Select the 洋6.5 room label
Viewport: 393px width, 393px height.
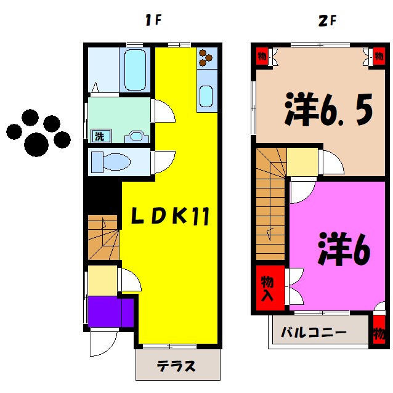(328, 111)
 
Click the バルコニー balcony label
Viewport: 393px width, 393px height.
(314, 333)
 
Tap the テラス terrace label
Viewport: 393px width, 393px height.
(176, 367)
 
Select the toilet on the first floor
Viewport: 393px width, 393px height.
(111, 163)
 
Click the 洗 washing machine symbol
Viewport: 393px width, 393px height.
(98, 136)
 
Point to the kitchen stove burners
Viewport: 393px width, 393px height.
(206, 58)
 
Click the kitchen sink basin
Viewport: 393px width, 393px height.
(206, 96)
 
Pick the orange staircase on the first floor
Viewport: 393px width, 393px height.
(102, 237)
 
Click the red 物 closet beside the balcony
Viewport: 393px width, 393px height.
(377, 332)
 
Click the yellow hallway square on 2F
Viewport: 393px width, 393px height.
(302, 162)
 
